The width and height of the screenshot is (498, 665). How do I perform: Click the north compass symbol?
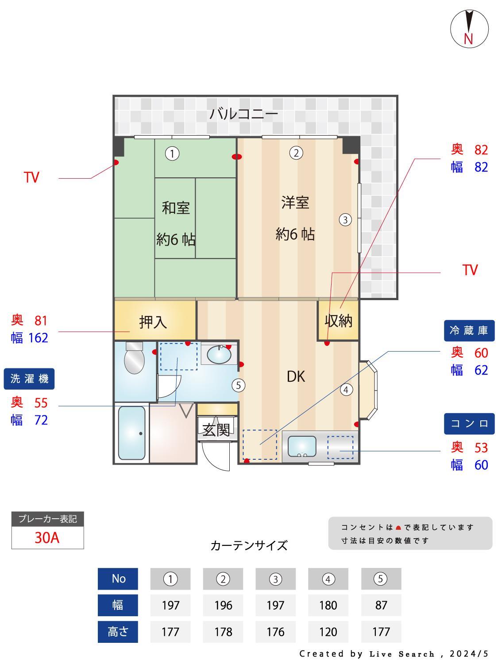point(469,28)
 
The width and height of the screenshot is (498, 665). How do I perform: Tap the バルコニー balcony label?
point(243,114)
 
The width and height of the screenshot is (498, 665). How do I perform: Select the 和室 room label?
point(176,207)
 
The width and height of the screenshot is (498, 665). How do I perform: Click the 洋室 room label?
point(295,203)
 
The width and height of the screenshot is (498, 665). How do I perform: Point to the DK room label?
point(296,377)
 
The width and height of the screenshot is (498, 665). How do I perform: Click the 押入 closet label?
point(153,322)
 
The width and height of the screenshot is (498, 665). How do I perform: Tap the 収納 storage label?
point(339,321)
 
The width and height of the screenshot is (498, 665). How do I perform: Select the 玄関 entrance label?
point(216,430)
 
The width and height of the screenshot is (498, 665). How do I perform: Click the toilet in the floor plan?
point(134,358)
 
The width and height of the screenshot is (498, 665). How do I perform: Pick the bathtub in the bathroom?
point(131,434)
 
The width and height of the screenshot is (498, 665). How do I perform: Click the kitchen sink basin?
point(302,446)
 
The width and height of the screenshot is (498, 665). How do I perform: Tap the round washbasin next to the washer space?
point(219,355)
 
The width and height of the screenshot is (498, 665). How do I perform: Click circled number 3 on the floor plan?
point(345,219)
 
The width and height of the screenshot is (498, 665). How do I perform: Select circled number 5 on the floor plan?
point(238,385)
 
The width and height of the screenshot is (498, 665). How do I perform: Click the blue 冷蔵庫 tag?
point(469,330)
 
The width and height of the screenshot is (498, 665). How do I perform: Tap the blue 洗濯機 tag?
point(29,379)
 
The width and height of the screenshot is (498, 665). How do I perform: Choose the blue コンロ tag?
point(469,423)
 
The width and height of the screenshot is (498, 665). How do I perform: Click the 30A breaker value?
point(47,538)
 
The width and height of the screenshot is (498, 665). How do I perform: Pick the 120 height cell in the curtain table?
point(328,632)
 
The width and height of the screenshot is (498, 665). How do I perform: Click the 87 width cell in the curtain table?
point(381,605)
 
